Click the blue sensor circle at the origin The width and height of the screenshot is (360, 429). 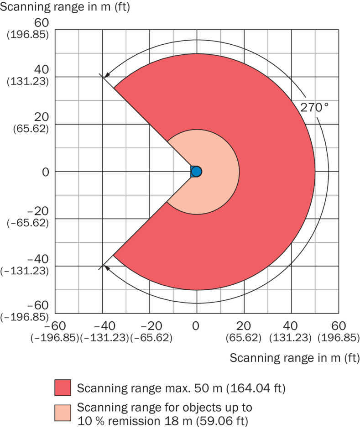click(196, 171)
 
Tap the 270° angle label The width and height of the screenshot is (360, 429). click(314, 108)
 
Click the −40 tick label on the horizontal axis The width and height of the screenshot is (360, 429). click(102, 325)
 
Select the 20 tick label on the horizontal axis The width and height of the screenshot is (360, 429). click(243, 325)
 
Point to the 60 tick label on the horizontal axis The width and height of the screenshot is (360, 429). click(338, 325)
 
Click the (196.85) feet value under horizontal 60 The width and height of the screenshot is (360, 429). click(338, 338)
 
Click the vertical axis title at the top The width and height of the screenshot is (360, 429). click(65, 8)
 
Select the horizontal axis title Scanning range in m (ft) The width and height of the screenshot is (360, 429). click(294, 357)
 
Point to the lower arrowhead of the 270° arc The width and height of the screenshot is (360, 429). click(106, 267)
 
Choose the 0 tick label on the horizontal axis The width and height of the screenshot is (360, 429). click(196, 325)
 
